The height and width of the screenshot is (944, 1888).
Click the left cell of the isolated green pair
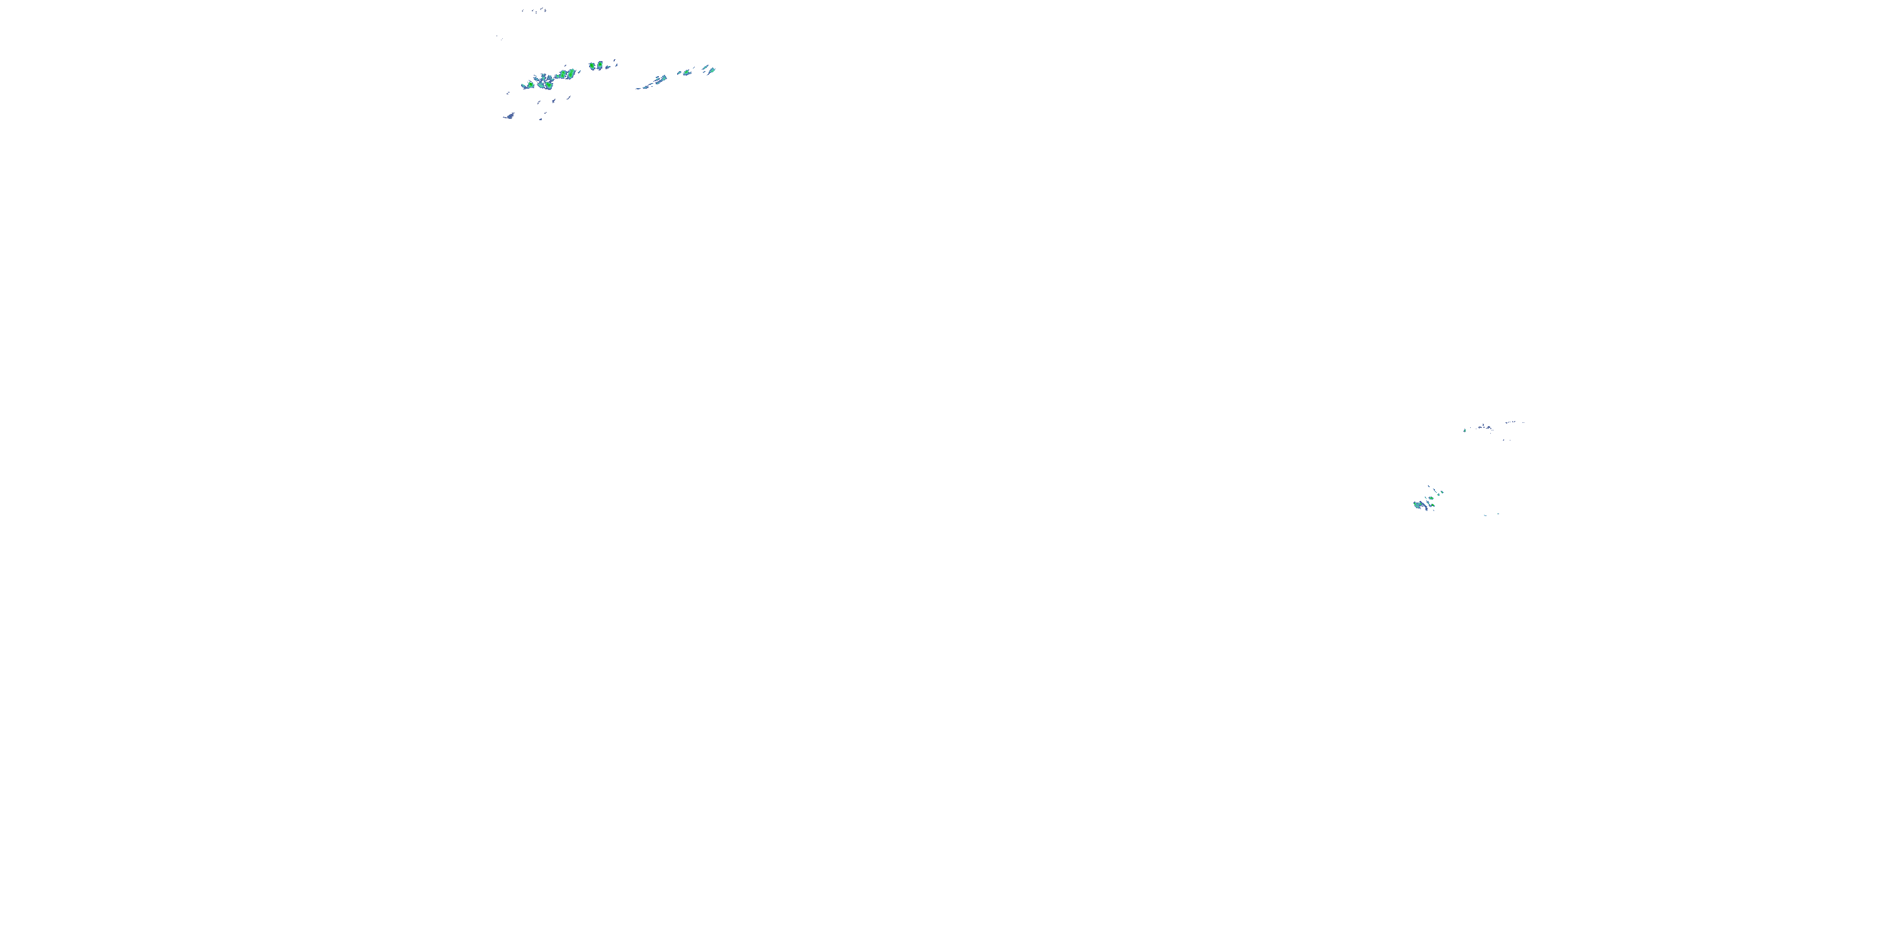coord(592,66)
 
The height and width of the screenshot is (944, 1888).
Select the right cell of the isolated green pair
coord(600,65)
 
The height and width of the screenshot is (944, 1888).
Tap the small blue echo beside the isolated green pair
coord(609,67)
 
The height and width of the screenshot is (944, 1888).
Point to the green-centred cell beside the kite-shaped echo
coord(687,72)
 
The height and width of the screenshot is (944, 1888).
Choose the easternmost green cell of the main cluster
coord(571,72)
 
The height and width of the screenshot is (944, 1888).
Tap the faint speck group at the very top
coord(534,10)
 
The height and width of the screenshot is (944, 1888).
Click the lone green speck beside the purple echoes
coord(1464,430)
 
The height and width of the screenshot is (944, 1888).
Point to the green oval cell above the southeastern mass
coord(1430,498)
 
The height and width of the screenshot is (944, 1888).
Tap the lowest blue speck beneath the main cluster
coord(541,119)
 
